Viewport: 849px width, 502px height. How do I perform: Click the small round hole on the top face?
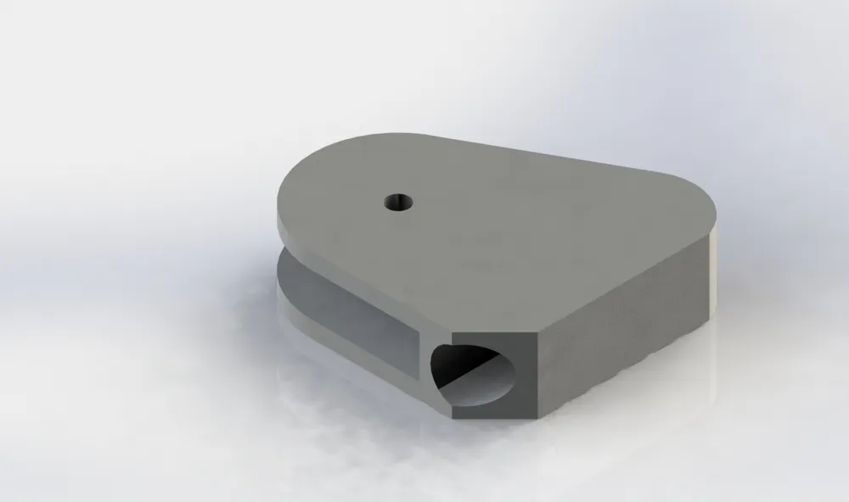397,202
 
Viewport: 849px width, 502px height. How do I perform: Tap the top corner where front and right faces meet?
536,336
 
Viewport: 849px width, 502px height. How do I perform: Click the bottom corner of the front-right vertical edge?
536,418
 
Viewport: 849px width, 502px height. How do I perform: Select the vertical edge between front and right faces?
536,377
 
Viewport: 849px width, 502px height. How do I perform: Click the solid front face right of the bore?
526,377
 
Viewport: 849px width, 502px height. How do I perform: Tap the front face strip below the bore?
492,413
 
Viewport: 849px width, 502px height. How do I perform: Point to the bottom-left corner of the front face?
453,416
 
